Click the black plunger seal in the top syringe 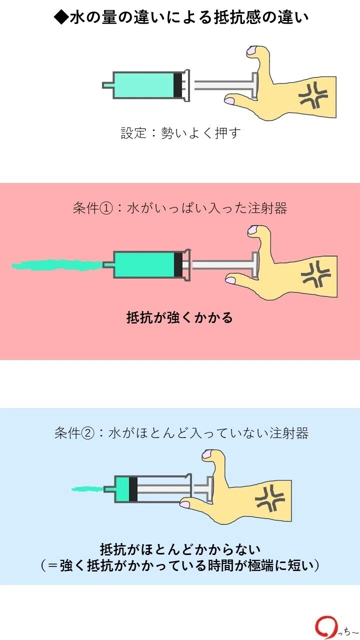coord(178,85)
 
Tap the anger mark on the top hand coord(313,95)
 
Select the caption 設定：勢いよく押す coord(180,133)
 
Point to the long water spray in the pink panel coord(57,265)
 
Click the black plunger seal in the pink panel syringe coord(178,264)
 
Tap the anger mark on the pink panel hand coord(315,275)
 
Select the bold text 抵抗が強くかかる coord(179,317)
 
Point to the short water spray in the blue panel coord(87,489)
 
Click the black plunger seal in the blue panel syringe coord(133,489)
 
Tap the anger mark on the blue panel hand coord(269,498)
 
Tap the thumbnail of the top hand coord(251,50)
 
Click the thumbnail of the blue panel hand coord(207,453)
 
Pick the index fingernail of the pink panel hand coord(230,280)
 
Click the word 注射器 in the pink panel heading coord(267,208)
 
